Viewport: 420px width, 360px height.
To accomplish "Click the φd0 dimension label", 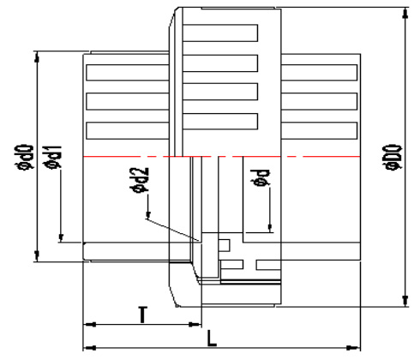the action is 26,157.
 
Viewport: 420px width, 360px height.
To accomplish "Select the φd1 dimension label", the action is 53,158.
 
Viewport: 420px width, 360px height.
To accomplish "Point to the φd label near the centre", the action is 261,177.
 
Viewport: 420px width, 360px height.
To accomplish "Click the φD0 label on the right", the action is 393,159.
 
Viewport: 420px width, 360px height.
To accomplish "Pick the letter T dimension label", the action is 142,315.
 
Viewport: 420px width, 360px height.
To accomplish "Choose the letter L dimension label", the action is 212,339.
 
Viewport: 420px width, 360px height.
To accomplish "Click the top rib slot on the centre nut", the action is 220,33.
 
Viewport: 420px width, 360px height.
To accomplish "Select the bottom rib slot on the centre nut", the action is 220,122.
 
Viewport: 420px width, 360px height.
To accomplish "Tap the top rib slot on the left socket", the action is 128,73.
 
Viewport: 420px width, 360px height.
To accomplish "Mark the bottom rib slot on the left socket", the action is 128,130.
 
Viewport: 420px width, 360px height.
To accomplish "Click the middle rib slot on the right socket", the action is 319,101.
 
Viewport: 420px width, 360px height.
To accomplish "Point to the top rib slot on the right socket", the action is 319,73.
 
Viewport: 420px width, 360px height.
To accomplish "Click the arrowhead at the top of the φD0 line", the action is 405,13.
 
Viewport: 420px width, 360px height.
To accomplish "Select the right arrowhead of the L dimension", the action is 353,348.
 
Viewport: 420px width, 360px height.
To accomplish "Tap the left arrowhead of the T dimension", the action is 89,325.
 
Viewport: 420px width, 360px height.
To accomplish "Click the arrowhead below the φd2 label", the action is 147,215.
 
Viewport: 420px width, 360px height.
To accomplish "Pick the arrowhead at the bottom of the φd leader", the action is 270,227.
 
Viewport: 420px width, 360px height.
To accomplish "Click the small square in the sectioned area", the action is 225,245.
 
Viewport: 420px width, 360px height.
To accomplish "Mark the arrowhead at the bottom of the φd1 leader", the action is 61,237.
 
